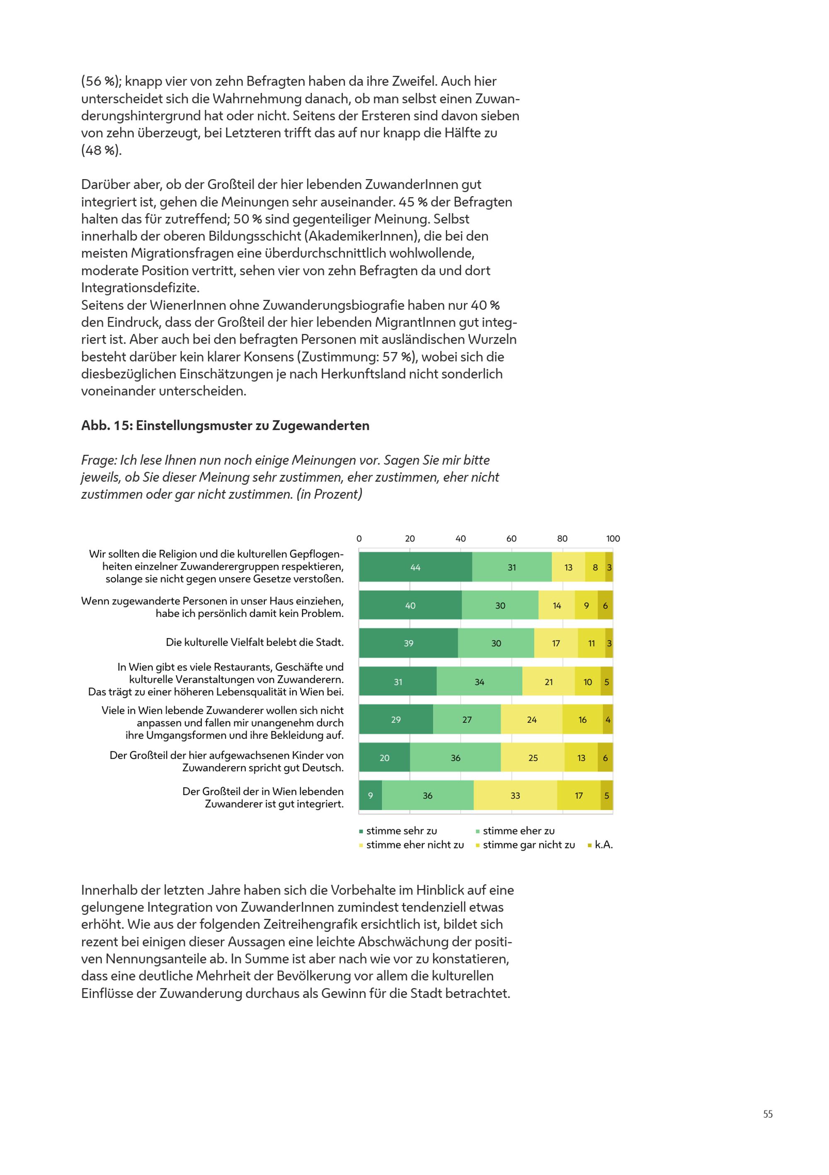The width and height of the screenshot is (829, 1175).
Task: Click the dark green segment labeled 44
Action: [415, 567]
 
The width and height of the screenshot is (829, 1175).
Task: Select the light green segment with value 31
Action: [512, 567]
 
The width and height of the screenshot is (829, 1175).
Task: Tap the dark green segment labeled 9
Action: [371, 795]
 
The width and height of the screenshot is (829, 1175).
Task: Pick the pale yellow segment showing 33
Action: [515, 795]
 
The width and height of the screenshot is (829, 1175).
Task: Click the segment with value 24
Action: [532, 719]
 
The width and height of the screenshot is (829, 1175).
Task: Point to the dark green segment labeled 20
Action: [384, 758]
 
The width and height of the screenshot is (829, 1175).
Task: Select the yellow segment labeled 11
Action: [591, 643]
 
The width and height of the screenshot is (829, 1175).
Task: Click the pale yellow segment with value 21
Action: [548, 682]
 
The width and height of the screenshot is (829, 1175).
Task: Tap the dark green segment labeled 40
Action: [410, 605]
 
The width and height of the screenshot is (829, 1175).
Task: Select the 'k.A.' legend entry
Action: [600, 845]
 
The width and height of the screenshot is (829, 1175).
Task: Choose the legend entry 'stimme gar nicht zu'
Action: [526, 845]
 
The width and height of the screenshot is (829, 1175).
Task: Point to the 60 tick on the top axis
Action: [511, 539]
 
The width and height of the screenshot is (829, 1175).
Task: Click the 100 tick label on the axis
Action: [613, 539]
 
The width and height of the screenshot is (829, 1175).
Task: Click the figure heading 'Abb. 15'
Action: [107, 426]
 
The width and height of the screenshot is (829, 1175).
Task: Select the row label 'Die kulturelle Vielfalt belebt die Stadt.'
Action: [255, 642]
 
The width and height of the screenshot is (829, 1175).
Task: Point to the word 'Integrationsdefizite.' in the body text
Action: [140, 288]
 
